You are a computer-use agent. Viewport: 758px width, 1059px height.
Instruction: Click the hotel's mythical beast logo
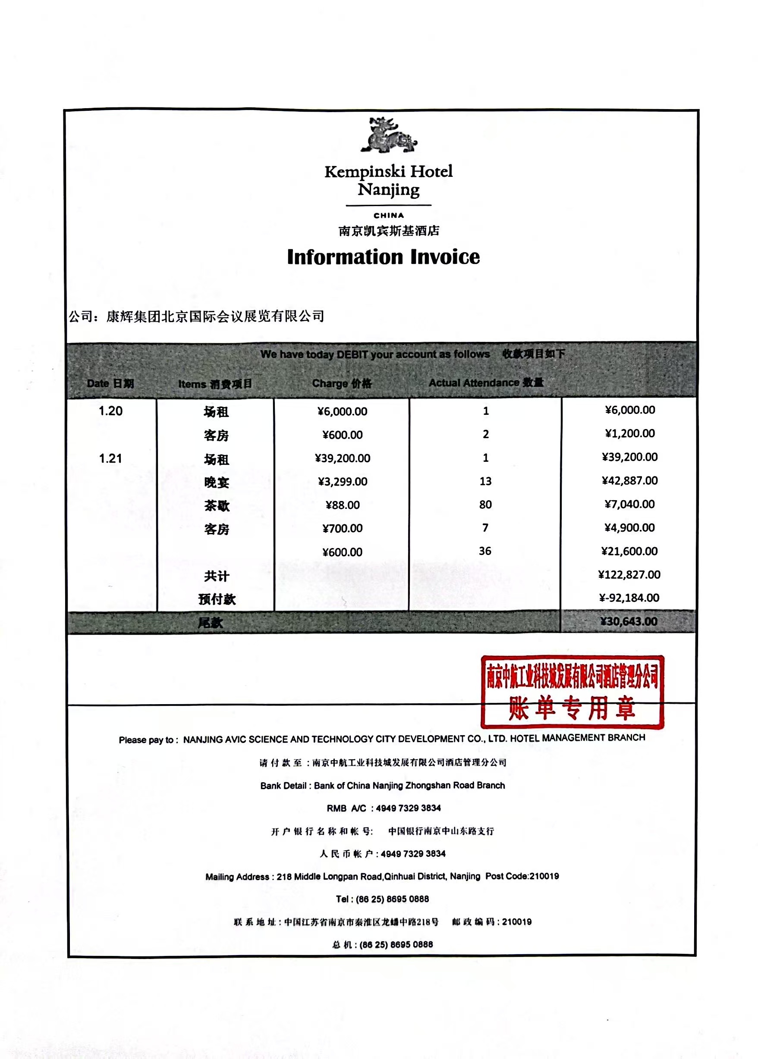388,135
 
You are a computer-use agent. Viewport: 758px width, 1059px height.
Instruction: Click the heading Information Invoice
383,257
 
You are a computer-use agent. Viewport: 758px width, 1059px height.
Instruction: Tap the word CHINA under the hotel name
389,216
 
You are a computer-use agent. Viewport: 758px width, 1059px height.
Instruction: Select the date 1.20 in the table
110,411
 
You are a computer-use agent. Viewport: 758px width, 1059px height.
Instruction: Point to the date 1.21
110,459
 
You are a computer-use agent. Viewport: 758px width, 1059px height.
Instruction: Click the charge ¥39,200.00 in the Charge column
343,458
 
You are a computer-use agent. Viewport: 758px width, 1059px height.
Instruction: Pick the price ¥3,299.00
343,482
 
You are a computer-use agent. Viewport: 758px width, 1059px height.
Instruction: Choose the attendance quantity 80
485,504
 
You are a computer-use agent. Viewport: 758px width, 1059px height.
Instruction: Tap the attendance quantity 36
485,551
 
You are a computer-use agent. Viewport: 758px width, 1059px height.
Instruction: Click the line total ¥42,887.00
629,480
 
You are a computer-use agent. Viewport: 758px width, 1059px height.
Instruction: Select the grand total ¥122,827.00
629,575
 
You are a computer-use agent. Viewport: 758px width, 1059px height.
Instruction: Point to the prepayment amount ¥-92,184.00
629,598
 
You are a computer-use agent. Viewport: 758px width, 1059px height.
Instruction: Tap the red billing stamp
572,692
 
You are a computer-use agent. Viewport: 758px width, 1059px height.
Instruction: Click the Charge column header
342,383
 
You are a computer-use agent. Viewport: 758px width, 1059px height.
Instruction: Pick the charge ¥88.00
343,505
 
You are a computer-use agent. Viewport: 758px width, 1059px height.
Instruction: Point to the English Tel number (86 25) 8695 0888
392,899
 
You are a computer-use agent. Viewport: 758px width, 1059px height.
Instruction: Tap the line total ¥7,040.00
629,504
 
